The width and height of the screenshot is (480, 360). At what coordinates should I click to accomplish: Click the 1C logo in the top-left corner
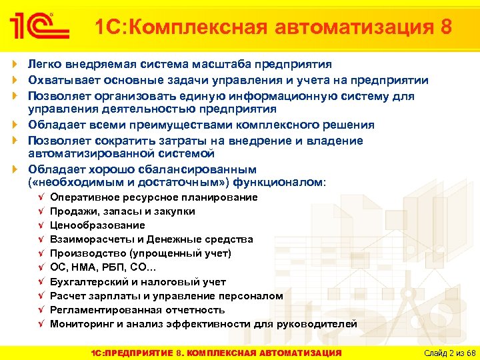tap(39, 27)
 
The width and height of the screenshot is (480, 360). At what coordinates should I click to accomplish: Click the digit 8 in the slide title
tap(446, 27)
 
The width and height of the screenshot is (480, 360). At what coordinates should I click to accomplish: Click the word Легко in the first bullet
tap(43, 65)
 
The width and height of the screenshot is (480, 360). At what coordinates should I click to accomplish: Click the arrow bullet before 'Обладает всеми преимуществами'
tap(16, 125)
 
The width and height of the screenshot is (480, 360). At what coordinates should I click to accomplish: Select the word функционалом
tap(281, 182)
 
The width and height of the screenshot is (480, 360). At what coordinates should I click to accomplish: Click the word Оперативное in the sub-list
tap(83, 197)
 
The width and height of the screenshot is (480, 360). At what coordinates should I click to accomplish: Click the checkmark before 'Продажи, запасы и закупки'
tap(41, 211)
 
